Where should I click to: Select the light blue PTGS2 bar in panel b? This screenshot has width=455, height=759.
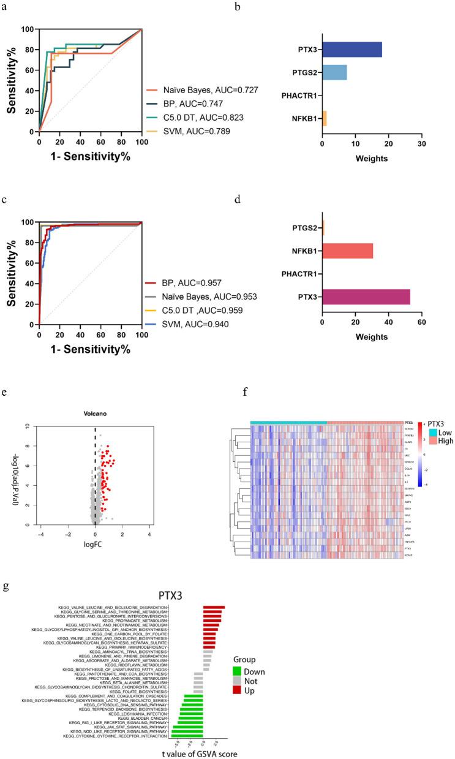pos(334,72)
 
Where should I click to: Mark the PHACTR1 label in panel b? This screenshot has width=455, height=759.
pos(298,95)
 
